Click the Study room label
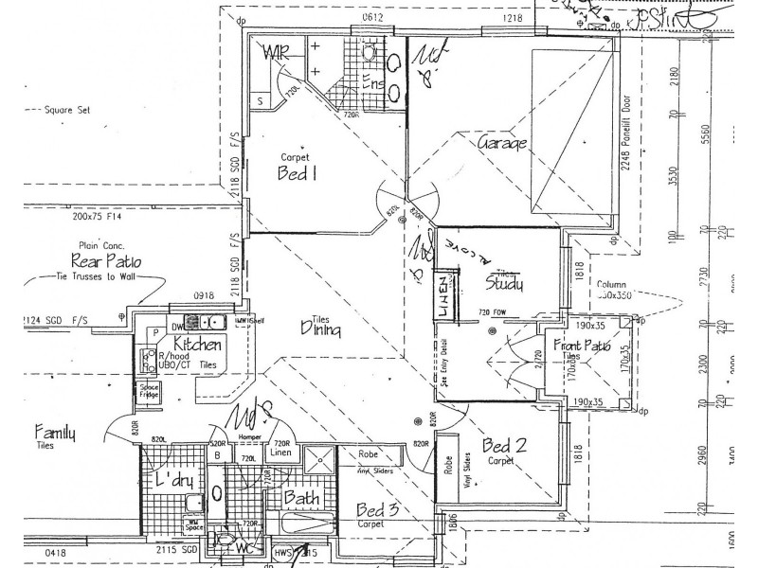click(505, 282)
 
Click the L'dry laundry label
click(174, 480)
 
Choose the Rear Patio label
click(105, 260)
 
